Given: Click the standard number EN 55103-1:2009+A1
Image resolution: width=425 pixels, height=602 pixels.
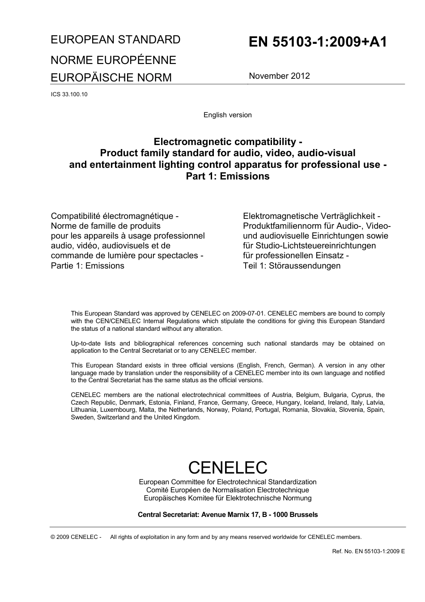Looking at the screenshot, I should tap(318, 42).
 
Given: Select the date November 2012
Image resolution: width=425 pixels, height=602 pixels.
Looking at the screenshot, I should tap(279, 76).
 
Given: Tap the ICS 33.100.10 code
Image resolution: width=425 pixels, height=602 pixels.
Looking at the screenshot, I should tap(69, 94).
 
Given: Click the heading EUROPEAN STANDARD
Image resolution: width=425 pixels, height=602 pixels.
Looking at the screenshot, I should tap(115, 39).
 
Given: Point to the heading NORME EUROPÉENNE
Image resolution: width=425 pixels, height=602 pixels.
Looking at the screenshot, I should tap(113, 60).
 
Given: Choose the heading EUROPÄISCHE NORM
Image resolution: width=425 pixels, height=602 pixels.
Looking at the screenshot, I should tap(111, 77).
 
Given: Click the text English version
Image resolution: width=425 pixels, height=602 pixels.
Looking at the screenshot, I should tap(227, 115).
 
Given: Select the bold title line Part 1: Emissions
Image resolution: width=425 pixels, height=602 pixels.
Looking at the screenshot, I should tap(227, 176).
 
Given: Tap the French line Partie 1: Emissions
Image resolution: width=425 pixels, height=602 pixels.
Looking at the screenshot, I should tap(87, 266).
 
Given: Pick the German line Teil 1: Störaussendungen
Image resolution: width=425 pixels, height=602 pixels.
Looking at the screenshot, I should tap(291, 266).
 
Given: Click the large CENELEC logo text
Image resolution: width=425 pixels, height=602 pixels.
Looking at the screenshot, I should tap(227, 467).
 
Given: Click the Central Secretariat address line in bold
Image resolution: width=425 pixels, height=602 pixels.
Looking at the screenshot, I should tap(227, 515).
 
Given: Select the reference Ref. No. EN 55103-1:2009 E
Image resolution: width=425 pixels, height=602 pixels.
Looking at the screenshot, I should tap(368, 551).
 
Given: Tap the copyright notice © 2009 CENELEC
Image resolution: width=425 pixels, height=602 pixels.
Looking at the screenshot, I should tap(76, 537).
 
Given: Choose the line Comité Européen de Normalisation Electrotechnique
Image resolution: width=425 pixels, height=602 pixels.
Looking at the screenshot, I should tap(227, 490).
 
